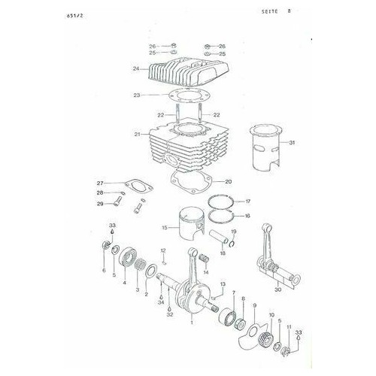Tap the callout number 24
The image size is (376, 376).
pyautogui.click(x=136, y=69)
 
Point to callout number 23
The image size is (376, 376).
pyautogui.click(x=137, y=95)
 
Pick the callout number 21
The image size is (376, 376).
pyautogui.click(x=138, y=134)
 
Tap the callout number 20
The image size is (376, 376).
pyautogui.click(x=229, y=181)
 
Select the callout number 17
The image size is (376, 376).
pyautogui.click(x=248, y=202)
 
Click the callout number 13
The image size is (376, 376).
pyautogui.click(x=223, y=284)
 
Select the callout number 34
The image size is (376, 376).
pyautogui.click(x=161, y=302)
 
